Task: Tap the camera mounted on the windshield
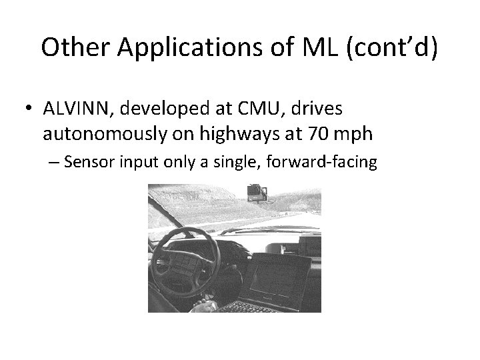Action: (x=257, y=194)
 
